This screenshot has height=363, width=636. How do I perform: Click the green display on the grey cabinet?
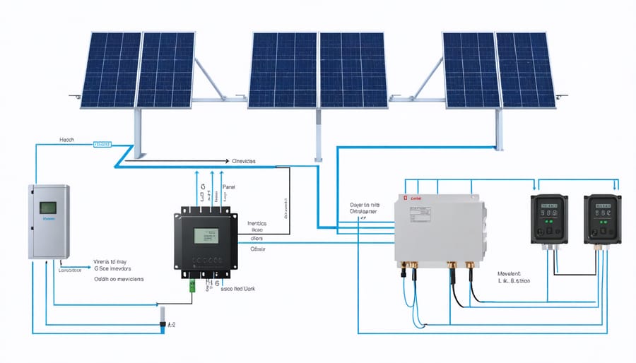[x=47, y=208]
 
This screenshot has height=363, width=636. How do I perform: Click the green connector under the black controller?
[x=192, y=285]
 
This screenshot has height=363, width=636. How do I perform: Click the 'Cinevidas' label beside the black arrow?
[x=244, y=161]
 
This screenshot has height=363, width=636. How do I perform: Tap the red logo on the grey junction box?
[x=406, y=199]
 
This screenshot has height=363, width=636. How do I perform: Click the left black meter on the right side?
[x=548, y=220]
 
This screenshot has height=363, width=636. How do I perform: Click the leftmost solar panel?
[x=110, y=69]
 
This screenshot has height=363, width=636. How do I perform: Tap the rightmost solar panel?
[x=524, y=69]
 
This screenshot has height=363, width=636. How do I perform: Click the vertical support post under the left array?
[x=136, y=134]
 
